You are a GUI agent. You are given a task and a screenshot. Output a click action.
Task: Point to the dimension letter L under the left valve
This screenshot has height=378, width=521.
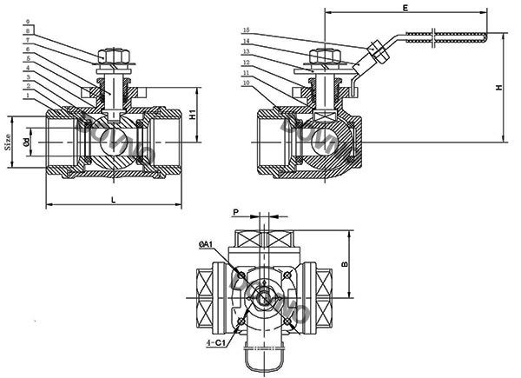(x=115, y=199)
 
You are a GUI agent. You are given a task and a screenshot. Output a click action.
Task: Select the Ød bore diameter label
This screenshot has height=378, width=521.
(x=27, y=139)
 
